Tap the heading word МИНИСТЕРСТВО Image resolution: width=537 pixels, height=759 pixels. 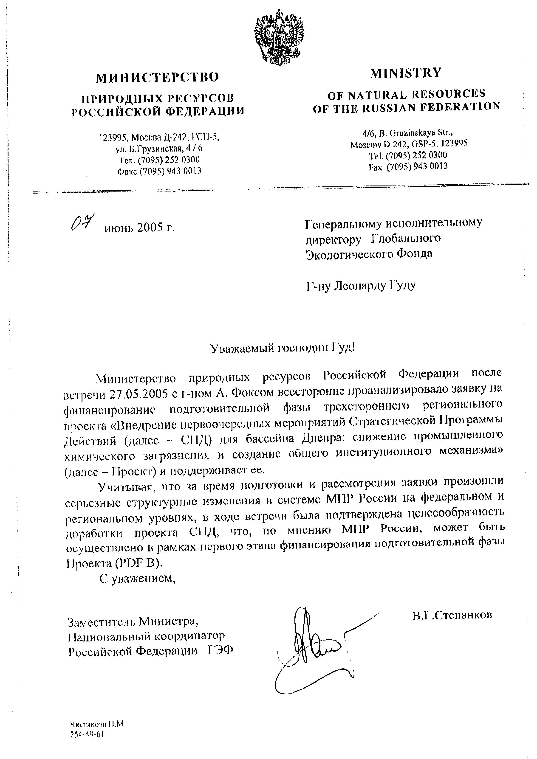click(157, 77)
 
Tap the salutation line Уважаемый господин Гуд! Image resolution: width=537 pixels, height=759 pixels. click(283, 348)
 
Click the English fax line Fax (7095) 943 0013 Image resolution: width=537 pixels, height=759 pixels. click(408, 166)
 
